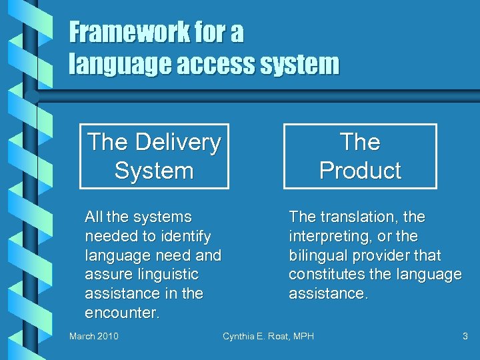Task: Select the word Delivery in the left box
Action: (x=179, y=142)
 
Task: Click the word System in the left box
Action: (x=154, y=171)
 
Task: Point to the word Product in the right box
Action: (x=360, y=171)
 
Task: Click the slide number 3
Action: (x=465, y=336)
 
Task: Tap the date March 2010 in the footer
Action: (x=94, y=336)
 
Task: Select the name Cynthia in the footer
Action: (x=240, y=336)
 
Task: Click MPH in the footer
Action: (x=302, y=336)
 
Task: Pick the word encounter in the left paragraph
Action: (x=122, y=313)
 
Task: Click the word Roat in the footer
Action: (x=277, y=336)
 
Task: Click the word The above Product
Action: (x=360, y=142)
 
